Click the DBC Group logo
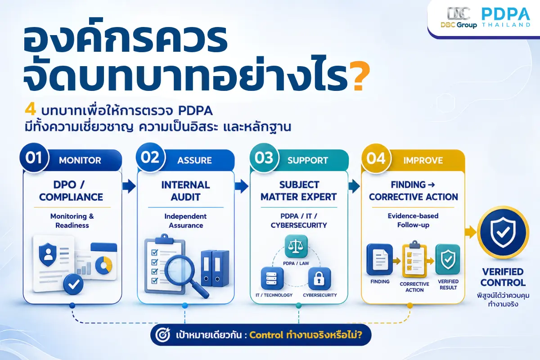(x=459, y=18)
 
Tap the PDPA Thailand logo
(x=506, y=18)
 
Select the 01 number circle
(x=34, y=158)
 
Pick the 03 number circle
(x=264, y=157)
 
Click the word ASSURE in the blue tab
(x=194, y=160)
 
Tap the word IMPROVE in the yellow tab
(x=423, y=160)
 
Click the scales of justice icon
(x=296, y=247)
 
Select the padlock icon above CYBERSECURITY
(x=319, y=279)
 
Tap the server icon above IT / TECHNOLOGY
(x=272, y=279)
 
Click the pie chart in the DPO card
(x=103, y=265)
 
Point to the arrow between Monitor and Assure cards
(x=129, y=186)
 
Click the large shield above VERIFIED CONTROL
(x=503, y=233)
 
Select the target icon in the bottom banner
(x=163, y=335)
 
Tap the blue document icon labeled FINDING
(x=379, y=260)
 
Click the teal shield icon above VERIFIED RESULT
(x=448, y=260)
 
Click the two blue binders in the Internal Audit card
(x=215, y=268)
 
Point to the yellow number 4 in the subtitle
(x=31, y=110)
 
